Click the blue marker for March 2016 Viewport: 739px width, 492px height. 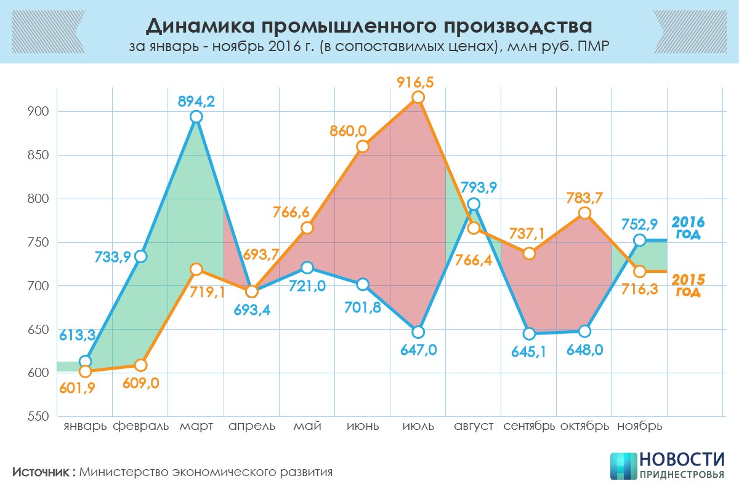[196, 117]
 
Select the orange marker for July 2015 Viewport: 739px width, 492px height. [418, 97]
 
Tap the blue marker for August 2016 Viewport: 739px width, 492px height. [474, 204]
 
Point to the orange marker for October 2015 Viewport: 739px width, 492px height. [584, 213]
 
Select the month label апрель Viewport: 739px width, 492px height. [252, 426]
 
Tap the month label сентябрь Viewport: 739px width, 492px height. [529, 426]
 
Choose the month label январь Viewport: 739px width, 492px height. [85, 426]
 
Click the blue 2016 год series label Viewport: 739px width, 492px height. [688, 228]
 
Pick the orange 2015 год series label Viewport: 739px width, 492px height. [689, 285]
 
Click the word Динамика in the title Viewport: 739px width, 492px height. [196, 26]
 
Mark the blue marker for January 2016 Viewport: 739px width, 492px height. [86, 362]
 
